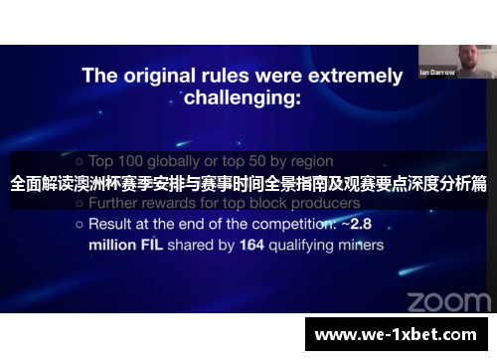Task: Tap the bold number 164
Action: point(253,244)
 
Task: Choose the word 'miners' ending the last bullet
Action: point(362,244)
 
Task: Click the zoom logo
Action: point(447,300)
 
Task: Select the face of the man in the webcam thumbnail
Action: point(465,58)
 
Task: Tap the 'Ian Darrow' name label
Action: point(437,73)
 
